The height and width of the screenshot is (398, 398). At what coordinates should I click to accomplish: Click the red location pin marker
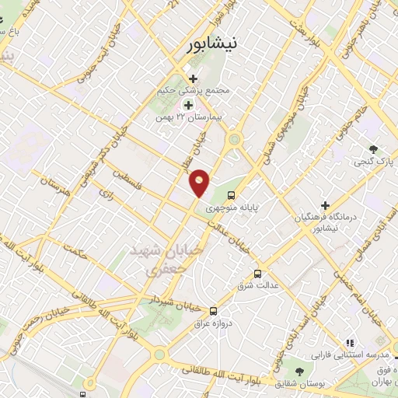tap(201, 183)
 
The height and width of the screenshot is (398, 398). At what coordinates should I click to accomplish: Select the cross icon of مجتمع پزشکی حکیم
tap(194, 78)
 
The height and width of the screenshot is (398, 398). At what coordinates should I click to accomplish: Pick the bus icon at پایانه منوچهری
tap(230, 194)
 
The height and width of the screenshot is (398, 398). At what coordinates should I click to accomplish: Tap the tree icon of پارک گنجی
tap(374, 149)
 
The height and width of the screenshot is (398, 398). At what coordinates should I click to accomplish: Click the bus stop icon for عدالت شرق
tap(258, 274)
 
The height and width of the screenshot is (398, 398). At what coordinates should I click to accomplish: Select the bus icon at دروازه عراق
tap(215, 309)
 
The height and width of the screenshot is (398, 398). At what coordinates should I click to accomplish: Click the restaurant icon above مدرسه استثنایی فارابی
tap(349, 341)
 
